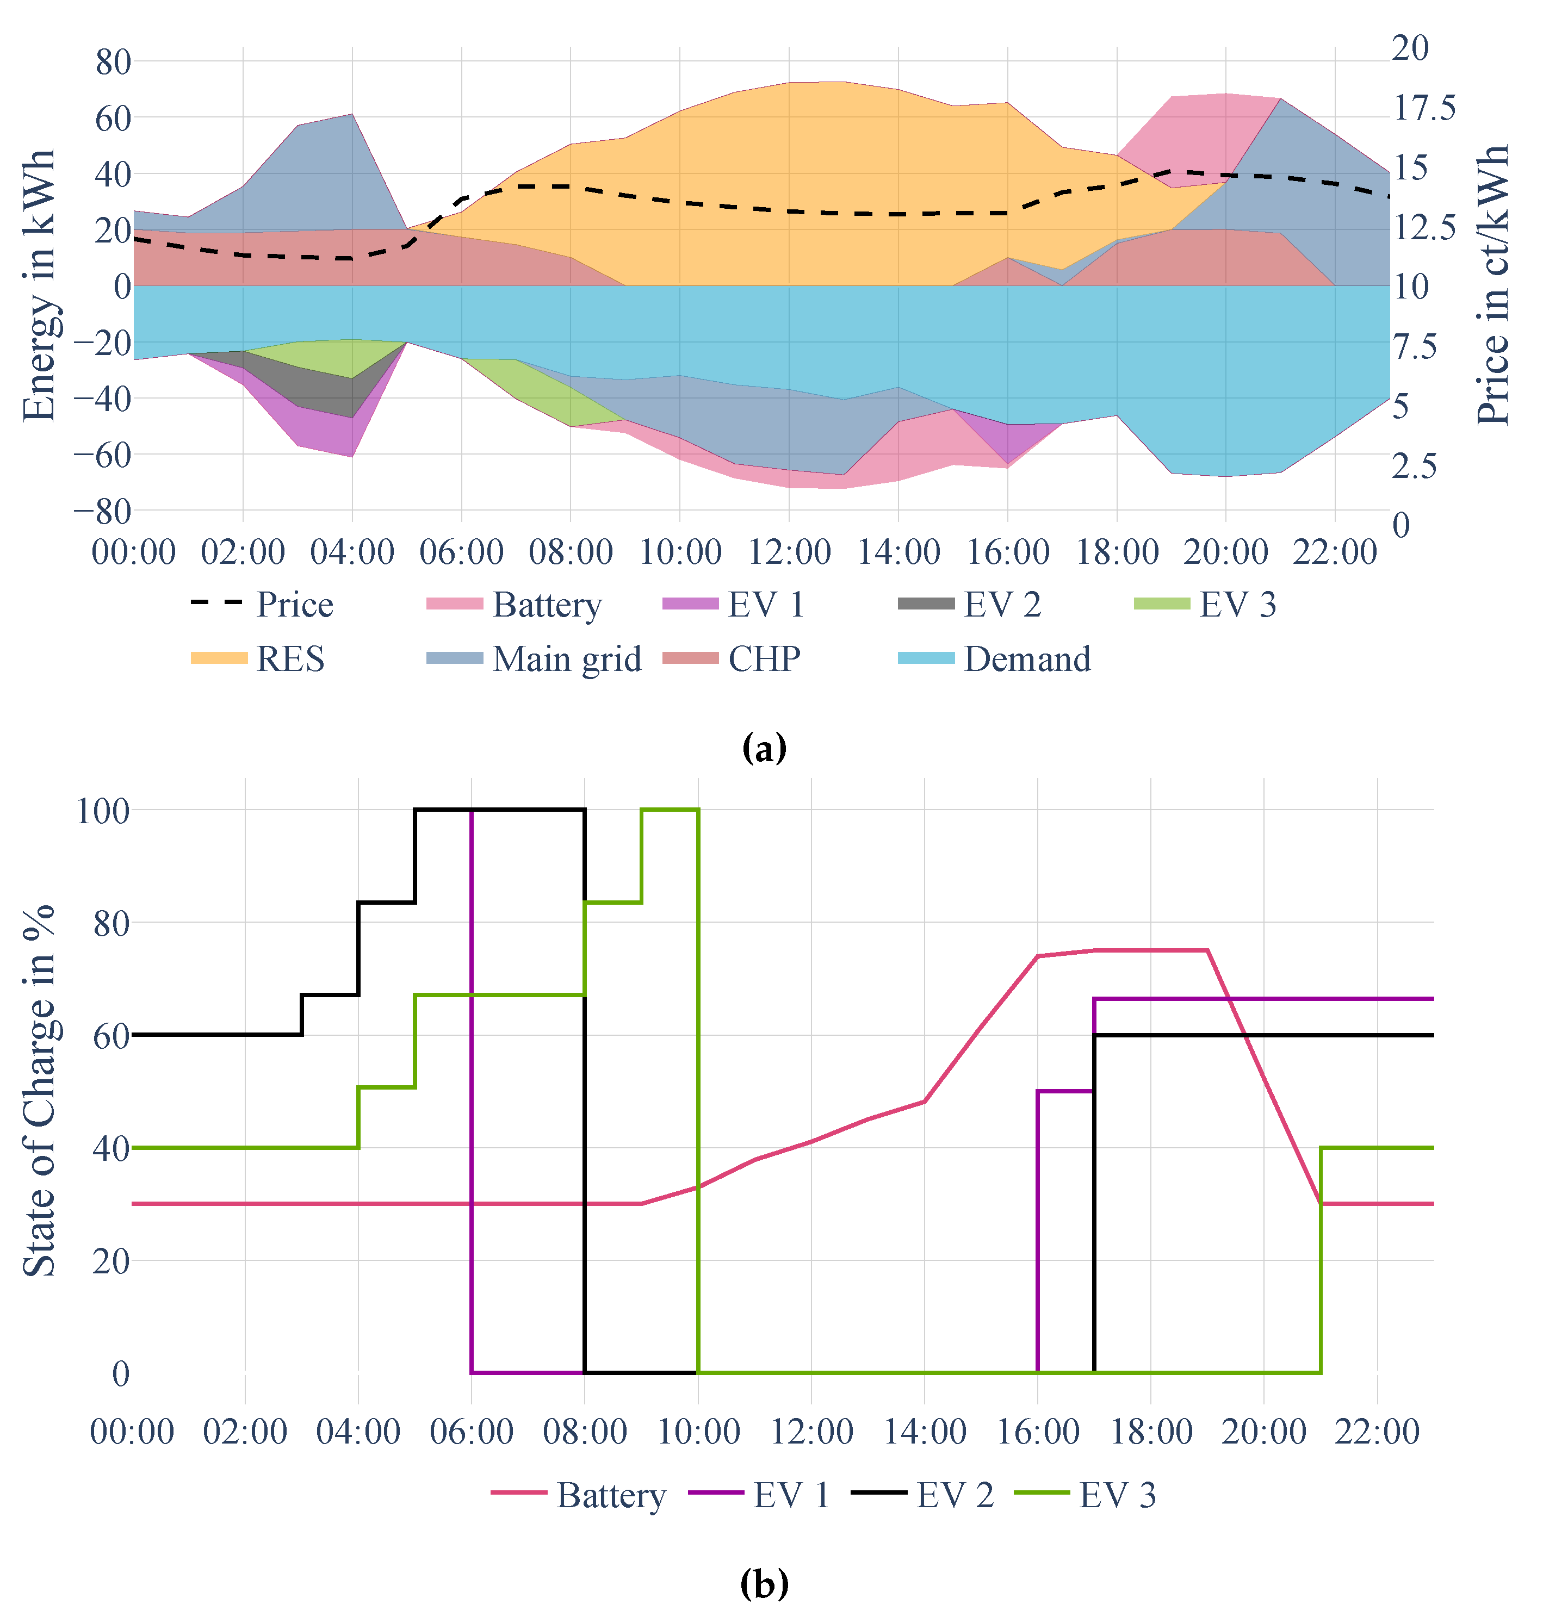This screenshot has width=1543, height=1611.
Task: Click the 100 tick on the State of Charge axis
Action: point(103,811)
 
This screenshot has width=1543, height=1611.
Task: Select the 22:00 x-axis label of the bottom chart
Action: point(1376,1431)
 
